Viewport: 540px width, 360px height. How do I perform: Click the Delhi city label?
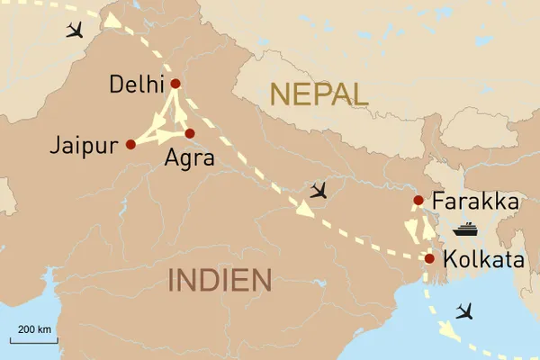[136, 85]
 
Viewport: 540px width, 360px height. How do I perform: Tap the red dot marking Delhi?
[175, 84]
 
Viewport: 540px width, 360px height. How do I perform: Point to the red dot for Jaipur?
[131, 144]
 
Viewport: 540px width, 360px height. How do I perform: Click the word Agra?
[190, 159]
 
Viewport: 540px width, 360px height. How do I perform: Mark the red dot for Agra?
[190, 133]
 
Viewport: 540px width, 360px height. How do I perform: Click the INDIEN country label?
[220, 281]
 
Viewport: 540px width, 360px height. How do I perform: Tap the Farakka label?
[475, 202]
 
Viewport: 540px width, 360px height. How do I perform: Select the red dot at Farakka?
[418, 200]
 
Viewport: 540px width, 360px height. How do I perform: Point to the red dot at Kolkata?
[430, 258]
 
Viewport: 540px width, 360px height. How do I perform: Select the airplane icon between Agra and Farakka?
[319, 190]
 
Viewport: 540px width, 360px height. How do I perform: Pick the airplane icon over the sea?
[465, 311]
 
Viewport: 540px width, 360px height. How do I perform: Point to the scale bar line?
[33, 340]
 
